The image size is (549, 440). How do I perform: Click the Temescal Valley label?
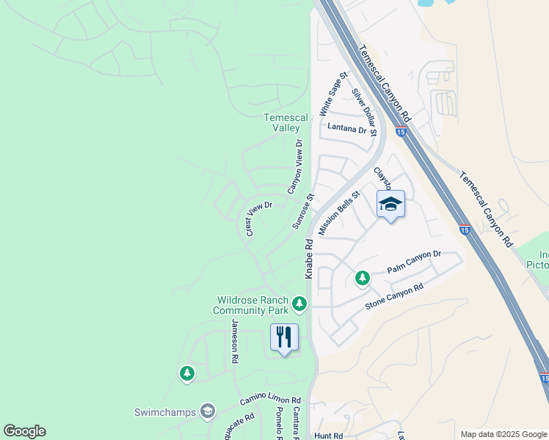tap(286, 122)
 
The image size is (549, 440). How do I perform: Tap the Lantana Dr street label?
tap(346, 129)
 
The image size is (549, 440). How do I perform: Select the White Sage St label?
tap(333, 95)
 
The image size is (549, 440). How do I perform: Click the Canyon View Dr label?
tap(294, 166)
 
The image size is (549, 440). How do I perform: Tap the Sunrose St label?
tap(302, 211)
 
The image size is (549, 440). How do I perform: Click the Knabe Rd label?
tap(309, 258)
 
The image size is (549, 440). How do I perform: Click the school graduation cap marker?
tap(390, 205)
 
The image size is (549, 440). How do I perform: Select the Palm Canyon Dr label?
tap(414, 263)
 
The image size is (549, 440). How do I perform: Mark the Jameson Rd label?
tap(236, 342)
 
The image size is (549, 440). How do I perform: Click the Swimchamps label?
tap(165, 411)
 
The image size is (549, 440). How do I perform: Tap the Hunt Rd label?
tap(328, 436)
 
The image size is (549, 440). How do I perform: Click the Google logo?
tap(24, 431)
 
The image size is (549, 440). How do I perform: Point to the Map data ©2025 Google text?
tap(503, 434)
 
